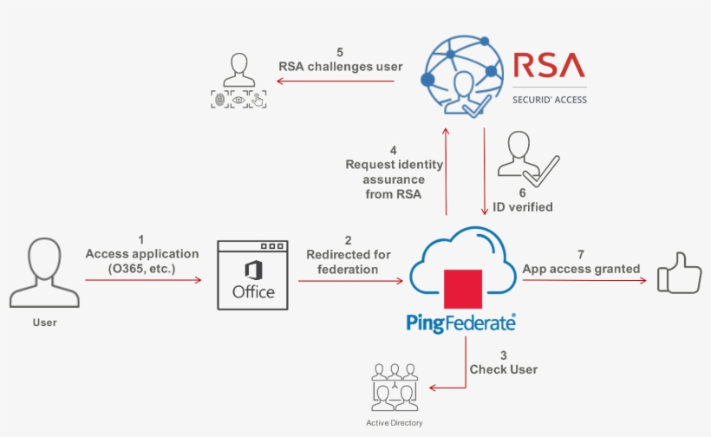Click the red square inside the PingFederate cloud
pos(462,290)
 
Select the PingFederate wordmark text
pos(461,323)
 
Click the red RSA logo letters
pos(549,66)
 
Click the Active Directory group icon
pos(395,388)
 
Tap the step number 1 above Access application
pos(141,239)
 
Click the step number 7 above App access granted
pos(580,255)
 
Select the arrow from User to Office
pos(143,280)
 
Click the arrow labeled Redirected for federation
pos(350,280)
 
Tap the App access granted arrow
pos(585,280)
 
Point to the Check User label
pos(503,369)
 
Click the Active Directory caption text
pos(395,422)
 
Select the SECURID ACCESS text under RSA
pos(550,100)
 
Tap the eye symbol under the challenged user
pos(238,100)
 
